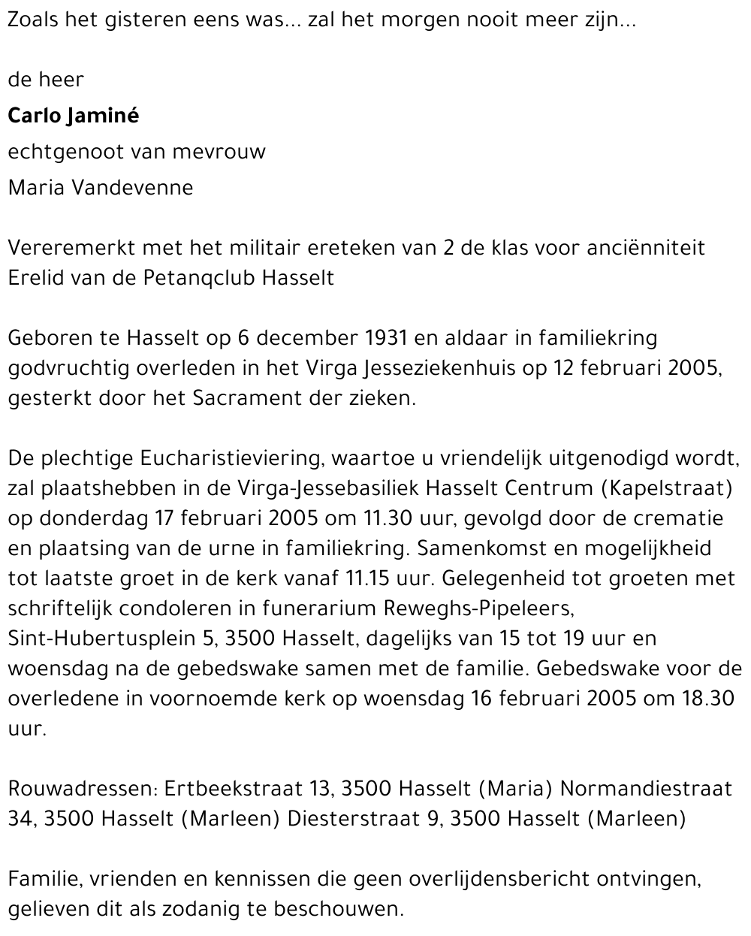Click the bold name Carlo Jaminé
tap(73, 116)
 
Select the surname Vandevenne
tap(132, 187)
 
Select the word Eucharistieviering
tap(228, 458)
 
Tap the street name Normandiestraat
tap(646, 789)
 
